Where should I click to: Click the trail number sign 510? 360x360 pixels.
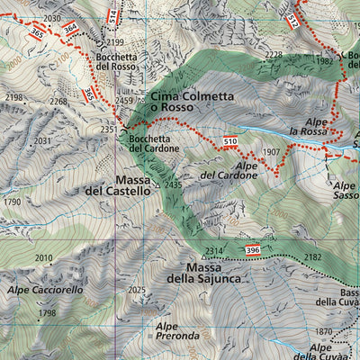(229, 141)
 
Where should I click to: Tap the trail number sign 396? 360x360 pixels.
(253, 248)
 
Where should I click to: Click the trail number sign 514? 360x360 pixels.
(112, 15)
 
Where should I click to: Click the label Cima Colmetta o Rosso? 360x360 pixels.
(190, 102)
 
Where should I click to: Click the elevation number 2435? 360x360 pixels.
(173, 184)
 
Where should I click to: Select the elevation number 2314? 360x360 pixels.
(213, 250)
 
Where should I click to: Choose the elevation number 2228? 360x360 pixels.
(274, 55)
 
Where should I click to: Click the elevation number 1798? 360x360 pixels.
(47, 313)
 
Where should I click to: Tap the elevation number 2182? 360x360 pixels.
(311, 257)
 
